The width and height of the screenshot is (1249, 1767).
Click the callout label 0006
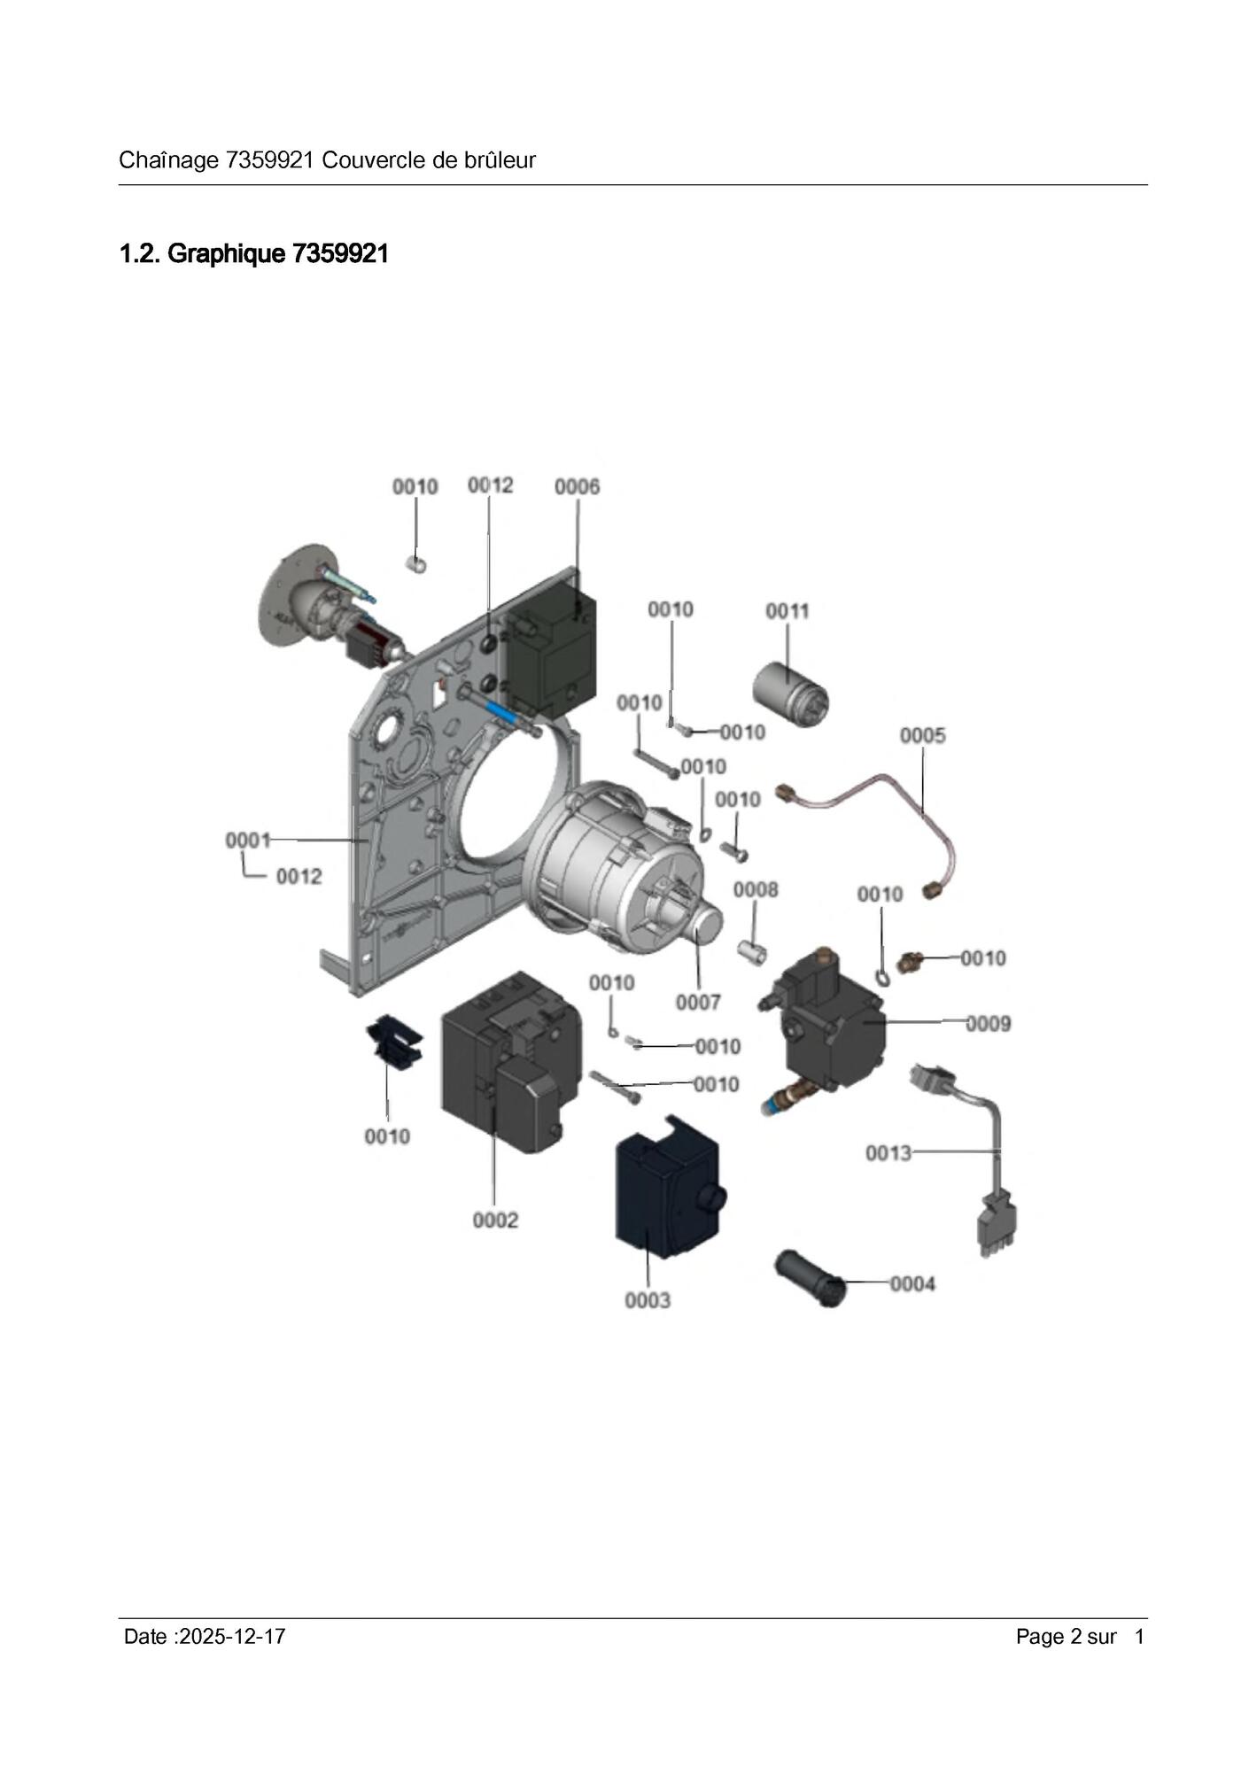[x=577, y=486]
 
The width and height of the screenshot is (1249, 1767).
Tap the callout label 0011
[x=787, y=611]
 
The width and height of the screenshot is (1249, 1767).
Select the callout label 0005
[x=922, y=735]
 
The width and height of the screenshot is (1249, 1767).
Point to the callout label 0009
[x=988, y=1024]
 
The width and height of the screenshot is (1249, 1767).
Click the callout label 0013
[x=888, y=1153]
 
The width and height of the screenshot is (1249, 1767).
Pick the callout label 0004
[x=912, y=1284]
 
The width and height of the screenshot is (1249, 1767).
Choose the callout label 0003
[x=648, y=1300]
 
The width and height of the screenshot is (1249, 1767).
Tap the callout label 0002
[x=495, y=1221]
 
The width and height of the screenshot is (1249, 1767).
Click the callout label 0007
[x=698, y=1003]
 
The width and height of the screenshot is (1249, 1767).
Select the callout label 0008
[x=756, y=889]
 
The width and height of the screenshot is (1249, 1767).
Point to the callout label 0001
[x=247, y=840]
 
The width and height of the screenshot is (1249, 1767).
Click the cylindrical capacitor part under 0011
[x=789, y=694]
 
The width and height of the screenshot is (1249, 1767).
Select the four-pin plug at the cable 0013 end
[x=997, y=1226]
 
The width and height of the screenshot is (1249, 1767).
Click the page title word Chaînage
[x=168, y=160]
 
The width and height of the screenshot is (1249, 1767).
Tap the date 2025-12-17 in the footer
[x=231, y=1636]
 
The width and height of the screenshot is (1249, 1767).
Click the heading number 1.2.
[x=140, y=254]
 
